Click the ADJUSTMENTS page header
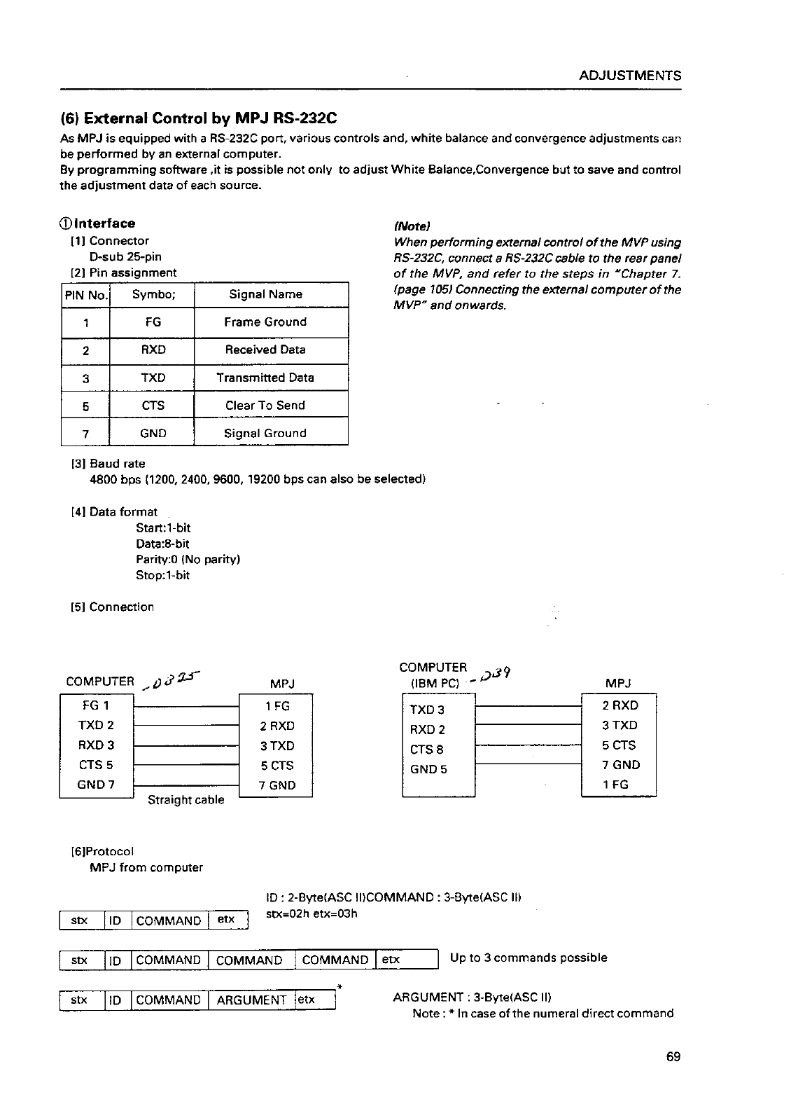coord(630,76)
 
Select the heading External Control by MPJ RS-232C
coord(198,118)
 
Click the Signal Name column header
coord(265,294)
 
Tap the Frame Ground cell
coord(265,322)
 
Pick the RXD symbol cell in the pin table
coord(153,350)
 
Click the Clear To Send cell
coord(265,406)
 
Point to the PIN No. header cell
coord(86,295)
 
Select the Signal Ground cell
coord(265,434)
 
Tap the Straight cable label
coord(186,800)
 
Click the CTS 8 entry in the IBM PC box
coord(426,750)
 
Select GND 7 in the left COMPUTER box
coord(96,785)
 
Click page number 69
coord(673,1057)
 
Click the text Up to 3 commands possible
coord(528,958)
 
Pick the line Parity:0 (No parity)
coord(188,560)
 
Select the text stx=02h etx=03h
coord(312,913)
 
